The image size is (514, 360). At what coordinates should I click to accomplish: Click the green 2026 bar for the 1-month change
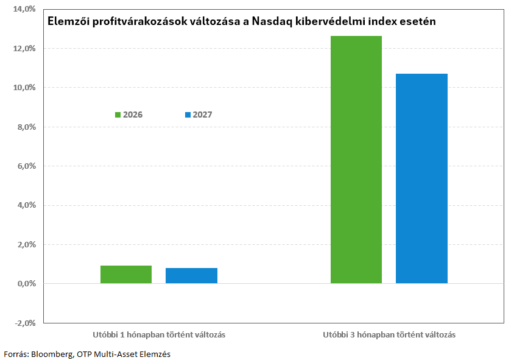pos(126,275)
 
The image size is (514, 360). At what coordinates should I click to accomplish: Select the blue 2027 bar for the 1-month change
pos(191,276)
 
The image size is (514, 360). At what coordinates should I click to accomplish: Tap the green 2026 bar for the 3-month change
pos(356,160)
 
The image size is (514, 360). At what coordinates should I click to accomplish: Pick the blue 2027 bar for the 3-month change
pos(421,178)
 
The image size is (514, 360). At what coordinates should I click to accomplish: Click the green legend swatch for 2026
pos(118,115)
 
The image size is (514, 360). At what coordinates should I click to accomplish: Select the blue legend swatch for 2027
pos(188,115)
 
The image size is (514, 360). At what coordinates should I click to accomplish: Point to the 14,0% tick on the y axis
pos(24,9)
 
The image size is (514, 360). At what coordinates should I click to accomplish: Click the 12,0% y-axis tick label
pos(24,49)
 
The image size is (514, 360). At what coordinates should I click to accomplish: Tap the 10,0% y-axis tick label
pos(24,88)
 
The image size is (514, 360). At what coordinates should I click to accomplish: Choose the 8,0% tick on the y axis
pos(27,127)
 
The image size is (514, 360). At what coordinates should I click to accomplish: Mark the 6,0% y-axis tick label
pos(27,166)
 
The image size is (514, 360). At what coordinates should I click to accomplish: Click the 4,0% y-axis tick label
pos(27,205)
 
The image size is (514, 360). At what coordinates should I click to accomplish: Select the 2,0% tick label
pos(27,245)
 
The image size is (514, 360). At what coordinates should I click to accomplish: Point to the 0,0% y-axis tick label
pos(27,284)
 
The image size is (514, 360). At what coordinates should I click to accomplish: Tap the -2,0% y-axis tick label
pos(25,323)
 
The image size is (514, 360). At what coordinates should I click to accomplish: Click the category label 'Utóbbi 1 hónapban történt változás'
pos(159,335)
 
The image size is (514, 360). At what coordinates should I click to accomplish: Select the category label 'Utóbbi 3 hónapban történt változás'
pos(389,335)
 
